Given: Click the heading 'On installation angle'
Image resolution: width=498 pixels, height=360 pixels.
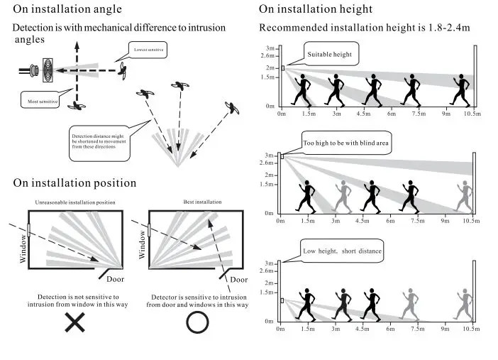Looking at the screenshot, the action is tap(67, 9).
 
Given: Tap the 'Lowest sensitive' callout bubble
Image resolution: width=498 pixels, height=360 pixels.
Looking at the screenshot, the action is tap(148, 50).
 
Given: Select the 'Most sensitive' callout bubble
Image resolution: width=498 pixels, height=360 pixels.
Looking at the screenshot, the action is tap(40, 100).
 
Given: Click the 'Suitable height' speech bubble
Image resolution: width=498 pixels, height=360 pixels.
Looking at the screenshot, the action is tap(331, 54).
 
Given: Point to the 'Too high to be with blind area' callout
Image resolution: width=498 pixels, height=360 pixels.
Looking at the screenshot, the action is tap(346, 143).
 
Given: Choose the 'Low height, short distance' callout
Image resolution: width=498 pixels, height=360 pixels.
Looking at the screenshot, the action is tap(342, 251).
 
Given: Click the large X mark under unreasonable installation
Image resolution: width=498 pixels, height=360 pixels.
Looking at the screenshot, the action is tap(75, 322).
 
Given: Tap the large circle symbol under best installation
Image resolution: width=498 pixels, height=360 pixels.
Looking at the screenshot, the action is tap(197, 322).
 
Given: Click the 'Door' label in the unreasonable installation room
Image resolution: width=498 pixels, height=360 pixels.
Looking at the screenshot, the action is tap(115, 279).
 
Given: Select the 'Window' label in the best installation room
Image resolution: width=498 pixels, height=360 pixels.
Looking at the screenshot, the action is tap(142, 244).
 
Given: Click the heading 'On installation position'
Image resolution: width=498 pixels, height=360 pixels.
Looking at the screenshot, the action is tap(74, 183).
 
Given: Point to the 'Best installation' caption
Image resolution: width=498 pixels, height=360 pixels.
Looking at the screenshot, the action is tap(203, 202).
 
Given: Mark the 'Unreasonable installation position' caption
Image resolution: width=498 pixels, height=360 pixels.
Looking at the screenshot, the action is tap(75, 202).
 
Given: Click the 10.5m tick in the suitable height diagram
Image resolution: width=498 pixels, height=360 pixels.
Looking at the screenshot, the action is tap(472, 114).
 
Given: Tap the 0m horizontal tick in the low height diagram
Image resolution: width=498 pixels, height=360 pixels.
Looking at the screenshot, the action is tap(280, 329).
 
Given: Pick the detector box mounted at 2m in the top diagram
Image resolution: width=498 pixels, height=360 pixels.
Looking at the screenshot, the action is tap(282, 68).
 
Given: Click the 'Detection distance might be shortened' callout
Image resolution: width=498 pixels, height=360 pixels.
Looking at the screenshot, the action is tap(99, 143).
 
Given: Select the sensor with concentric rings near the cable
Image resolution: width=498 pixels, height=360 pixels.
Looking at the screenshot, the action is tap(48, 70).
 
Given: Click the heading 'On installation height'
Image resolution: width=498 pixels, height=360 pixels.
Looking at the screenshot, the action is tap(316, 9).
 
